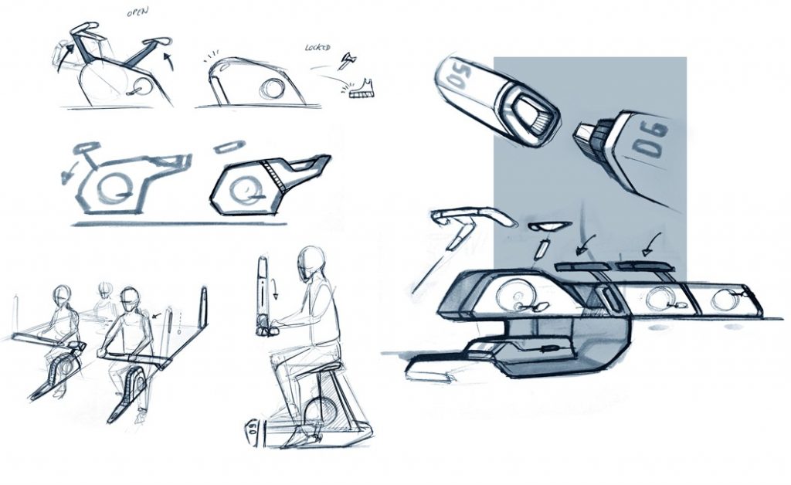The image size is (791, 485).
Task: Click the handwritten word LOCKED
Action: point(317,48)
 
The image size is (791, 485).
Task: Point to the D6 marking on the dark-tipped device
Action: point(650,139)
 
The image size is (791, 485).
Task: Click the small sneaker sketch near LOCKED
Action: point(362,88)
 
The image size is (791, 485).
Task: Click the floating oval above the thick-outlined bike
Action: point(229,148)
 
